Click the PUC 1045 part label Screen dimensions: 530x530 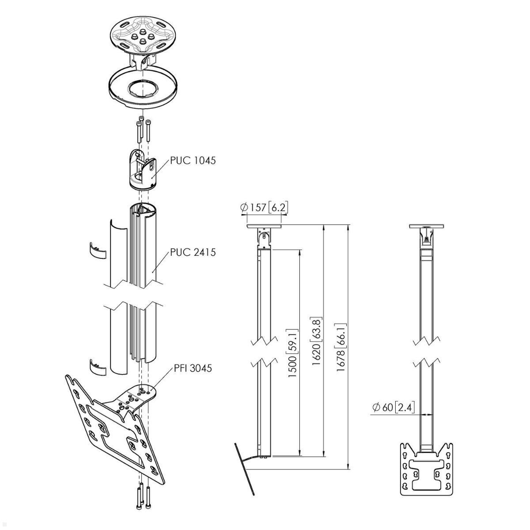click(193, 160)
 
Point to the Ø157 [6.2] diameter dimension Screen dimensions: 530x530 click(265, 207)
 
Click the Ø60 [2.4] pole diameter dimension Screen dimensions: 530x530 click(392, 407)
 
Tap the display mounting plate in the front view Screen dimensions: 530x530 click(427, 468)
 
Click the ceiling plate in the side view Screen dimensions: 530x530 click(264, 227)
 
